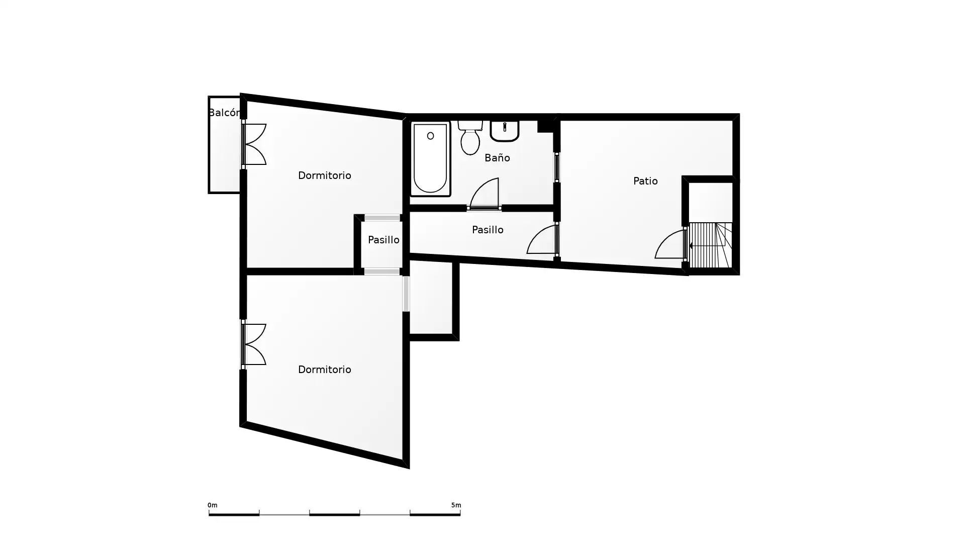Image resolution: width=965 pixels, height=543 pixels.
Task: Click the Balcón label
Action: pos(224,113)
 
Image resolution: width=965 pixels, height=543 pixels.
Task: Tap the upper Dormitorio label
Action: pos(325,175)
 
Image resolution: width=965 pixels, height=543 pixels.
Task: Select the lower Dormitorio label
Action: pos(325,370)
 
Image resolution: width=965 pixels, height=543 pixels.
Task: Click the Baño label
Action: pos(497,158)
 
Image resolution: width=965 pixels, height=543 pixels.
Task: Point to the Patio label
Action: pos(645,181)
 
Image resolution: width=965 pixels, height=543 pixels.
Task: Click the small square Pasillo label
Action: pos(383,240)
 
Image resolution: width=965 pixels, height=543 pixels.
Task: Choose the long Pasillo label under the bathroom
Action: pos(488,230)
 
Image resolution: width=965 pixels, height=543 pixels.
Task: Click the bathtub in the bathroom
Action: pos(430,158)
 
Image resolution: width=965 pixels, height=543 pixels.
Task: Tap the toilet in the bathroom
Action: pos(470,137)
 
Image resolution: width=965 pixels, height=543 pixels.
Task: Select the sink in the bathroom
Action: pos(505,131)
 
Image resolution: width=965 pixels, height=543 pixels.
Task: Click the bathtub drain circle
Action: pos(431,136)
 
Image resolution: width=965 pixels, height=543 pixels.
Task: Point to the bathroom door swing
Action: pos(485,194)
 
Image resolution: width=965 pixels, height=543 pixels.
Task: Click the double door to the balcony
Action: pos(254,144)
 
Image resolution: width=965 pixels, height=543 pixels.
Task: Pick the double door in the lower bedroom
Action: pos(254,344)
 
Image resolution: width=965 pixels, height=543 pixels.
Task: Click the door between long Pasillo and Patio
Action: pos(543,239)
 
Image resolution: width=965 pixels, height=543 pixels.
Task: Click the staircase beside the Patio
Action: pos(710,245)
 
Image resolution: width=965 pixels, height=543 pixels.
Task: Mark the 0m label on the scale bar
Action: pos(213,505)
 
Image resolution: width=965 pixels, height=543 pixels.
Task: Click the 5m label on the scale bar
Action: pos(456,505)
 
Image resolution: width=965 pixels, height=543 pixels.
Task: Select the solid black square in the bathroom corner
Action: pos(545,126)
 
